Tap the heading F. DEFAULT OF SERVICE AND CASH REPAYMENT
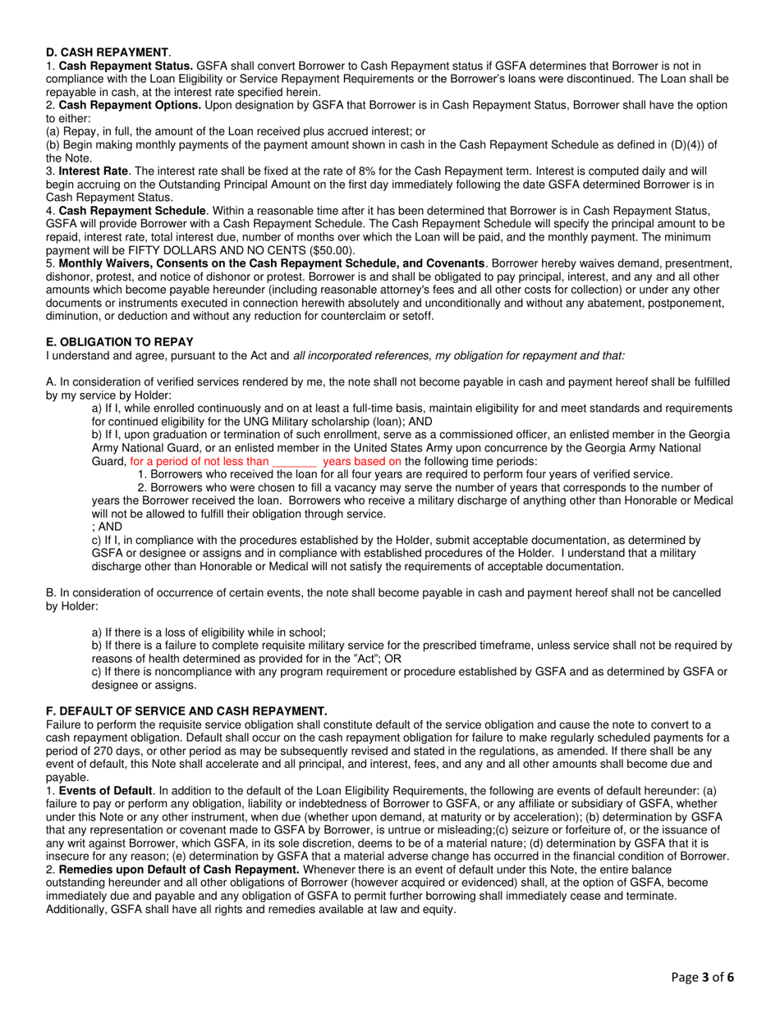[x=186, y=710]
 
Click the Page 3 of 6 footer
[x=702, y=977]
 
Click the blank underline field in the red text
[x=294, y=461]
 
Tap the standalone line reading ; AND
[x=107, y=527]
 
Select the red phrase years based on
[x=362, y=461]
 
